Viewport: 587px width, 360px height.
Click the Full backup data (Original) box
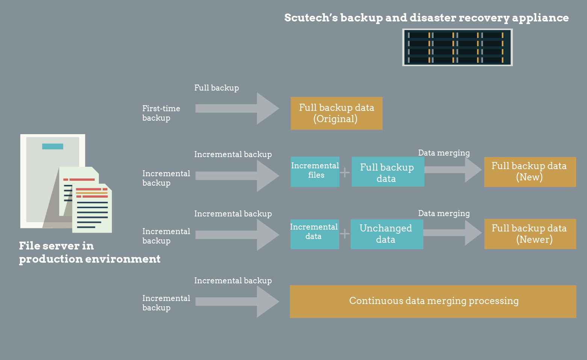coord(336,113)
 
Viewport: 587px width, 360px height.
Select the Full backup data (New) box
coord(530,172)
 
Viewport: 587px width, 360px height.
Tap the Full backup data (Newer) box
coord(530,234)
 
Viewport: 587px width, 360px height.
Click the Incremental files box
coord(315,172)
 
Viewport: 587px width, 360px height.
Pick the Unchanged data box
coord(386,234)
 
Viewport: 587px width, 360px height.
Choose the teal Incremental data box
coord(314,234)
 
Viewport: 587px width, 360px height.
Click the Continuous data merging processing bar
coord(433,301)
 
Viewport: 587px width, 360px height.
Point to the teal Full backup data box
coord(387,172)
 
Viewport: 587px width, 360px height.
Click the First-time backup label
coord(161,113)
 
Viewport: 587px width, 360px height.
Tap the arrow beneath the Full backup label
coord(237,108)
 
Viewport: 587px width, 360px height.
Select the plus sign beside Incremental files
coord(345,172)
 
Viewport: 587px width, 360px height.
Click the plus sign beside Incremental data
coord(345,234)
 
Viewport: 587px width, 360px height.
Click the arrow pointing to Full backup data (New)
coord(453,170)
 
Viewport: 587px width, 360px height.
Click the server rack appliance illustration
coord(457,47)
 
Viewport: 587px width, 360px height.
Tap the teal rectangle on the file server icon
coord(53,146)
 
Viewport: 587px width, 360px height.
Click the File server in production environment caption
coord(89,252)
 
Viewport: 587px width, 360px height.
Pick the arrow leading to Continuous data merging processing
coord(237,301)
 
